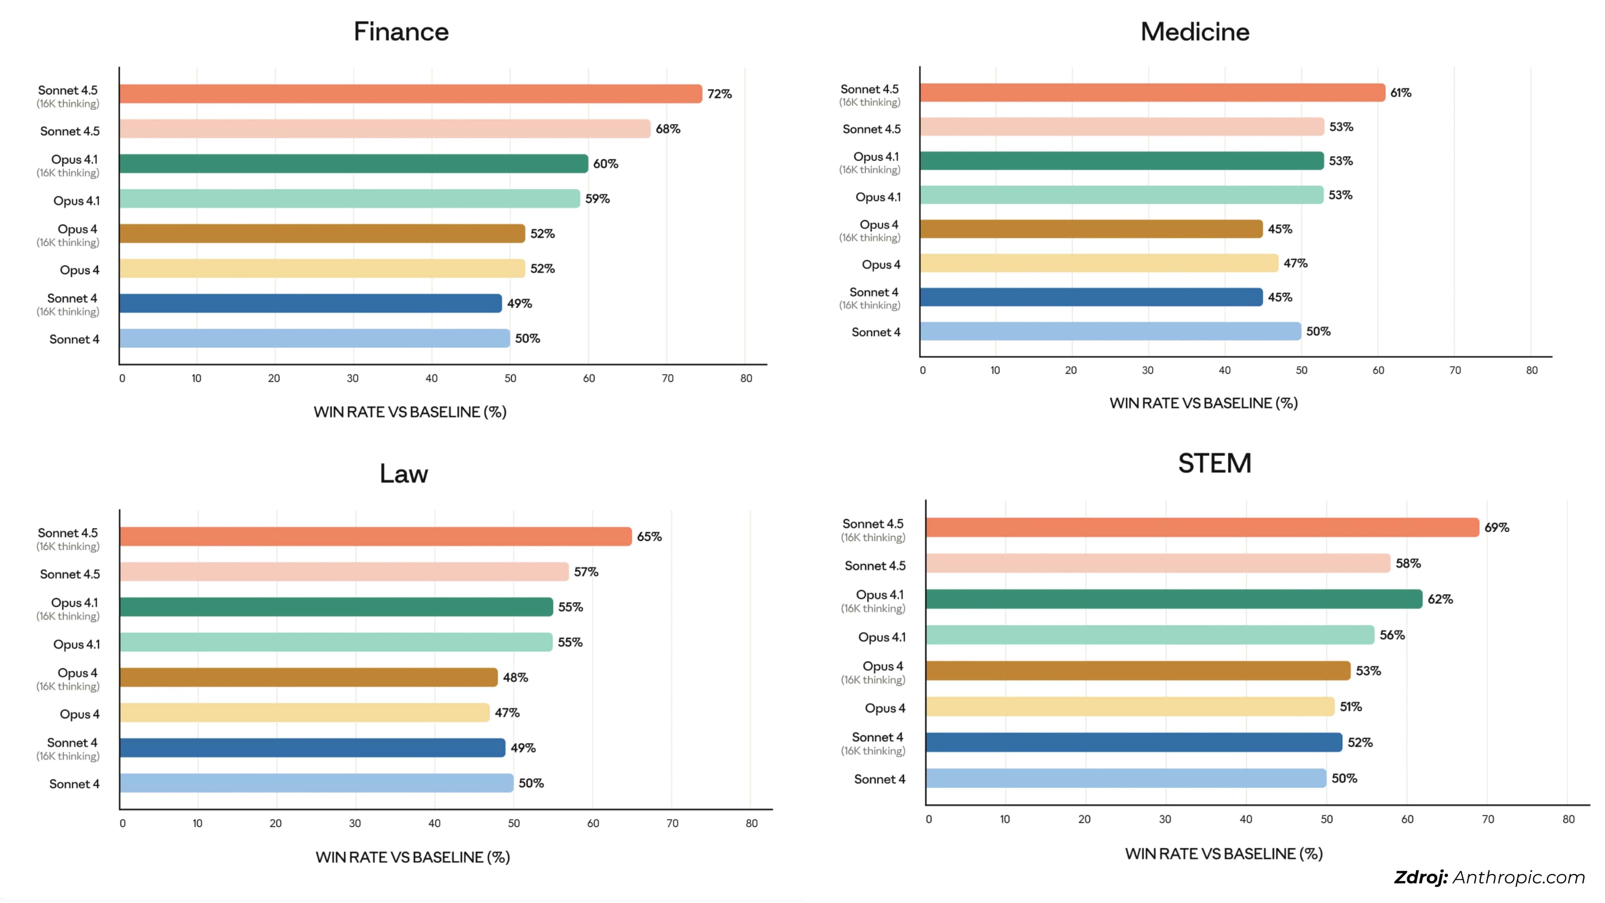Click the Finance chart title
click(401, 32)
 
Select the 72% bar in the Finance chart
click(411, 94)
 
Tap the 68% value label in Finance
click(667, 129)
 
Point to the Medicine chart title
click(1194, 32)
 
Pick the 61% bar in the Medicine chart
click(1152, 93)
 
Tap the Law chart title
click(404, 474)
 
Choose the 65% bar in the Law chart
click(376, 536)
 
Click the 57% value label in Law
click(586, 572)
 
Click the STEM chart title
click(1214, 463)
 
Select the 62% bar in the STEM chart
click(1174, 599)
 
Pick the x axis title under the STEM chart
click(1224, 854)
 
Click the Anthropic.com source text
click(1519, 878)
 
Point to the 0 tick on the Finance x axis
click(122, 378)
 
